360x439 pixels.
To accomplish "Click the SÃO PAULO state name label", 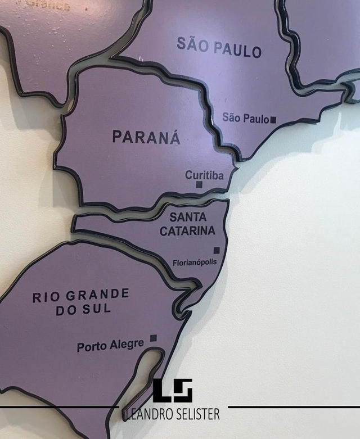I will [219, 47].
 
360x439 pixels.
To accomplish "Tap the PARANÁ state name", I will [146, 137].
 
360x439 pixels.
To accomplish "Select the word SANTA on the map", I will [187, 217].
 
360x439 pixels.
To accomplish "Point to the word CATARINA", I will [187, 231].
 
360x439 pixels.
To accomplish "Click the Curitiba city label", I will [204, 175].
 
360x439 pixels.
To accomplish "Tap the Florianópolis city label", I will [195, 262].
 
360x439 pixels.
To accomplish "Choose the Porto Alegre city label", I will [110, 346].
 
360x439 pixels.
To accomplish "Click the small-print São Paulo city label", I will [245, 118].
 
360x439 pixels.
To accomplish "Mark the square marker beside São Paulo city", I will [273, 119].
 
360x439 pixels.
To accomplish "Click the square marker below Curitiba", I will [199, 184].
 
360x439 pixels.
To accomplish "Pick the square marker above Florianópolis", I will [216, 251].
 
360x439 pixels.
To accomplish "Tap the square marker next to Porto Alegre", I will [153, 338].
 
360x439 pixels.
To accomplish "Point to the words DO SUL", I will [83, 310].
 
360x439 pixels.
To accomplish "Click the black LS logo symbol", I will [173, 391].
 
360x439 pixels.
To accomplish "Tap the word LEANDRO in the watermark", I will [147, 414].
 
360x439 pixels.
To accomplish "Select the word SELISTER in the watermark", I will [197, 414].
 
